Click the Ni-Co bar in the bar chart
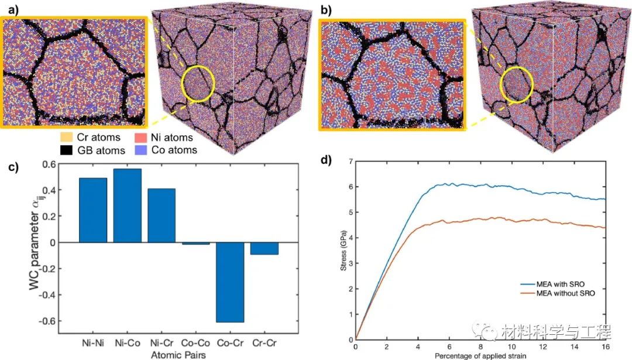coord(127,205)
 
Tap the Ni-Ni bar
coord(93,210)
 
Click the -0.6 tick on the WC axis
coord(62,321)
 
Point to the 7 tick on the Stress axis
coord(349,162)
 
